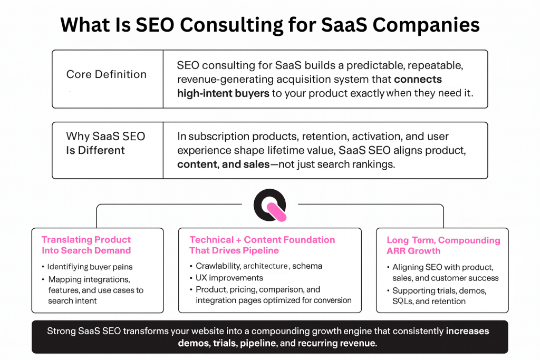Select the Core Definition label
coord(106,74)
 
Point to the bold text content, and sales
coord(224,164)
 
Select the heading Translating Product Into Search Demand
coord(86,245)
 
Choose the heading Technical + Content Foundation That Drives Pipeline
coord(262,245)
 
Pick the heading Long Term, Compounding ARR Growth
coord(443,245)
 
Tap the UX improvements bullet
coord(229,278)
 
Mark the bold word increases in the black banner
coord(467,332)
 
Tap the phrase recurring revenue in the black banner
coord(342,343)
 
